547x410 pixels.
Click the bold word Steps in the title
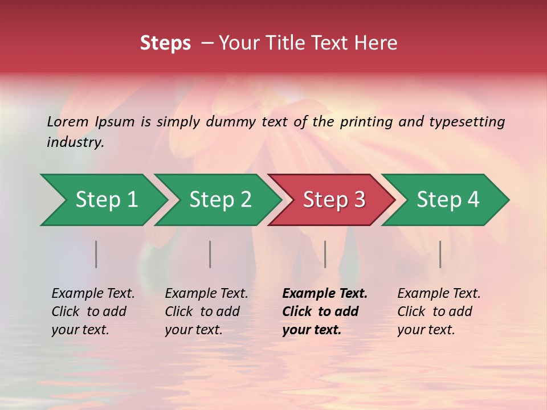pyautogui.click(x=165, y=43)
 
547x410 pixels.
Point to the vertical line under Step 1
pyautogui.click(x=96, y=254)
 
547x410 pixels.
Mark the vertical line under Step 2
pyautogui.click(x=210, y=254)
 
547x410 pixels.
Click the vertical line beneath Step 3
pyautogui.click(x=325, y=254)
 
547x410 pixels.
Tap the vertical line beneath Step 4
pyautogui.click(x=440, y=254)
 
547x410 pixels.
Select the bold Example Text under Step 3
pyautogui.click(x=325, y=294)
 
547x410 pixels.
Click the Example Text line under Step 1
pyautogui.click(x=93, y=294)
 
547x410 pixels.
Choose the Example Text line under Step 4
pyautogui.click(x=439, y=294)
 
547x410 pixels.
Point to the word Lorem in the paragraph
pyautogui.click(x=68, y=122)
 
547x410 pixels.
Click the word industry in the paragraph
pyautogui.click(x=75, y=142)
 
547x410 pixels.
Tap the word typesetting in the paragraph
pyautogui.click(x=467, y=122)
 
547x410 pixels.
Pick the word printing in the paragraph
pyautogui.click(x=364, y=122)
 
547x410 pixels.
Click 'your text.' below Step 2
pyautogui.click(x=193, y=330)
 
